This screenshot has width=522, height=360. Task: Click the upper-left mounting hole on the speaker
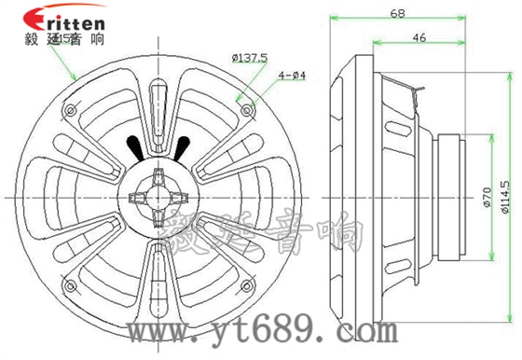tap(67, 110)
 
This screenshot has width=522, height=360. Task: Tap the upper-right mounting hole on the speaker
tap(247, 110)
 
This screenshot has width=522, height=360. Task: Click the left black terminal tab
tap(134, 146)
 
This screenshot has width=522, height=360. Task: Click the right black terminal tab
tap(181, 146)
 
